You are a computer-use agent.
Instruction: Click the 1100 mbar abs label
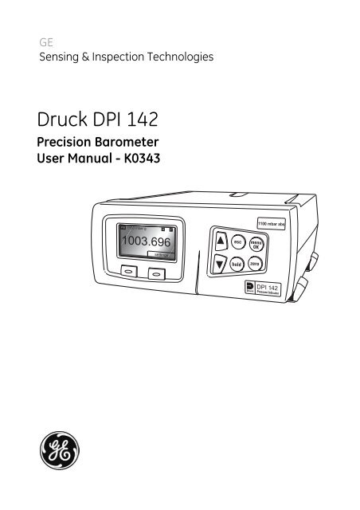(276, 224)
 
